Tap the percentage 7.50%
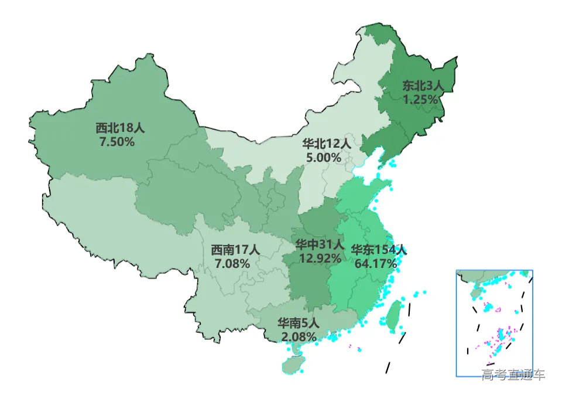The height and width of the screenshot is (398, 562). point(117,142)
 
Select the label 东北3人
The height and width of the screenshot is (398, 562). point(423,86)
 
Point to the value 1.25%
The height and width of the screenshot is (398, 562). point(420,100)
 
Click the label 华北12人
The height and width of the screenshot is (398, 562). point(326,144)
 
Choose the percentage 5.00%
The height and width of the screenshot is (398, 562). point(323,157)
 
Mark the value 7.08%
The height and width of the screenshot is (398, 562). point(232,264)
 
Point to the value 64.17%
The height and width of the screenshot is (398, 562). point(375,264)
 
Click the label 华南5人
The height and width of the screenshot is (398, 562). point(298,323)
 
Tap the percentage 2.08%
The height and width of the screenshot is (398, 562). point(299,337)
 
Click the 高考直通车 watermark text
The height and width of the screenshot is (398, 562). point(513,374)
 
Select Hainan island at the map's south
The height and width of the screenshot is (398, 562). point(293,366)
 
